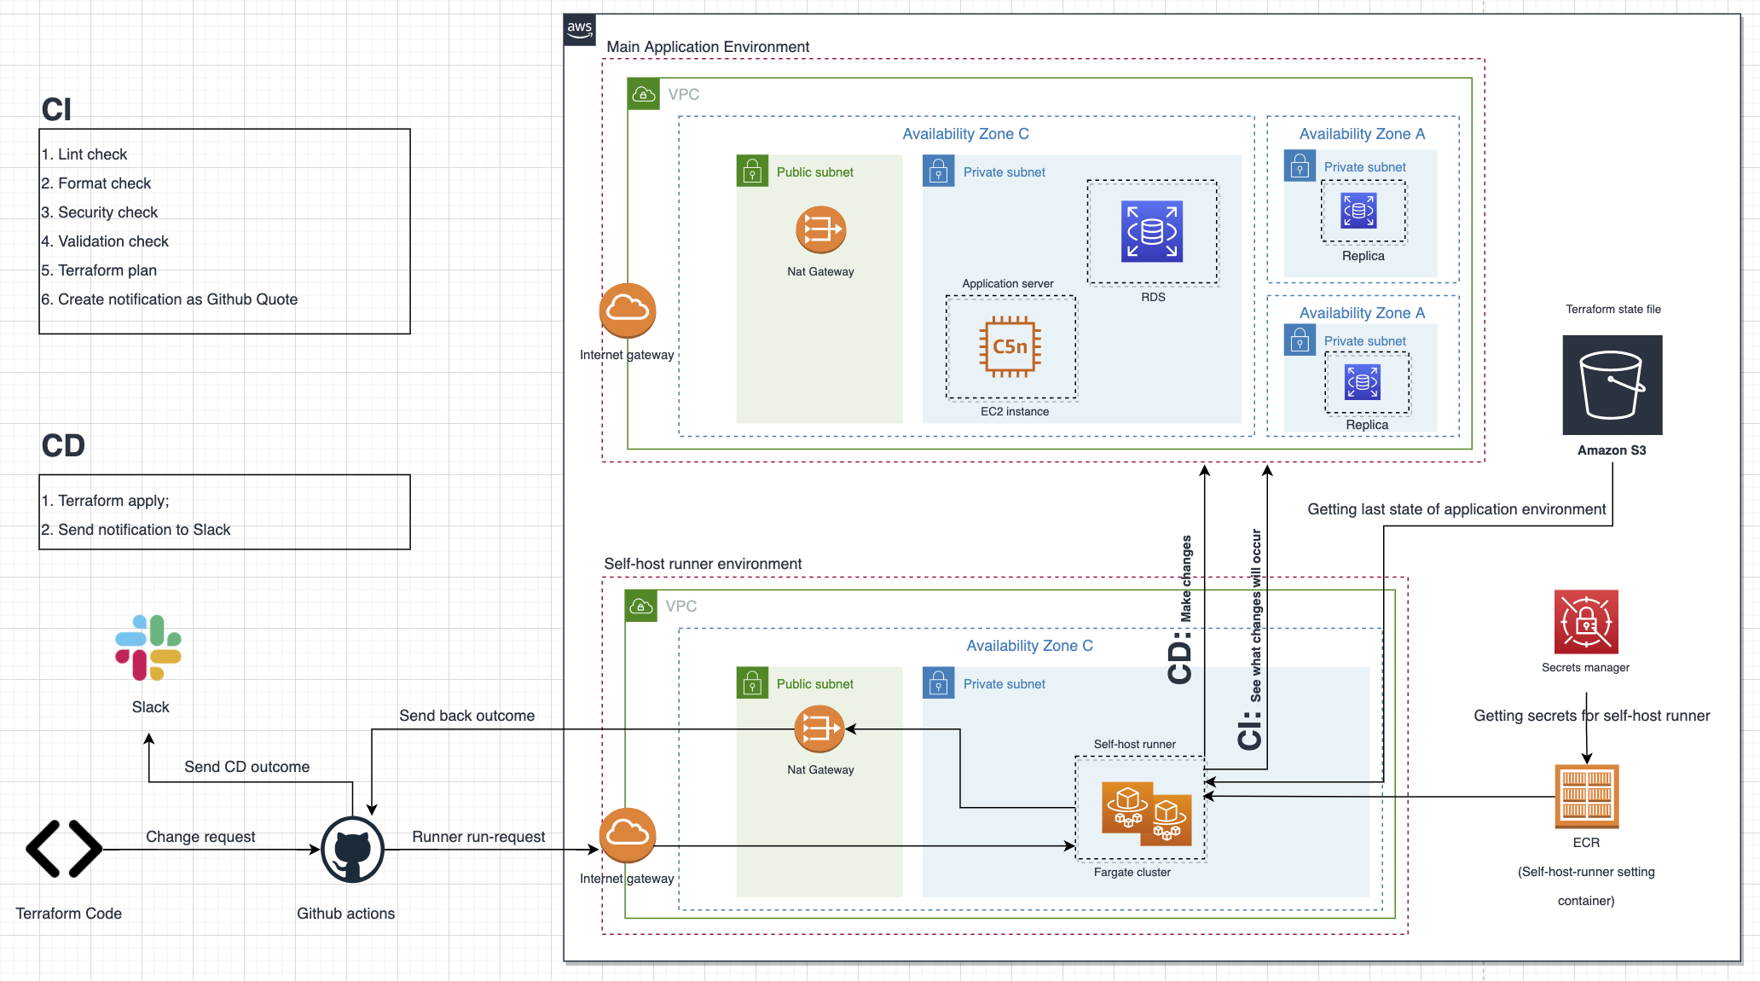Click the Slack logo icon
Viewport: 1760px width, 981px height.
148,647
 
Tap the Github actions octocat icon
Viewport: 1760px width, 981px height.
352,850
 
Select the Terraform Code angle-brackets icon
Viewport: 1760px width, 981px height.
64,849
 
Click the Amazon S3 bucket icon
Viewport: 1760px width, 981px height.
1612,385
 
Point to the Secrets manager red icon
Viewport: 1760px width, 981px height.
1585,622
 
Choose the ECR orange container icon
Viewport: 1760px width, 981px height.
1586,796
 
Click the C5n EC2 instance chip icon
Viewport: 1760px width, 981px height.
1010,346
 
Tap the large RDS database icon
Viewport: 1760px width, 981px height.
1151,231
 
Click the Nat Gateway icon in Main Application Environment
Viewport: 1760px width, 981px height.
820,229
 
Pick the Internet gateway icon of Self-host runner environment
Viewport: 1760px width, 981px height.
628,835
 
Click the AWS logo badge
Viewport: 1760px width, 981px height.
580,29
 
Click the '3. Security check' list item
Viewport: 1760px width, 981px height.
100,212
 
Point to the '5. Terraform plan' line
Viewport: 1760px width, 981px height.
99,270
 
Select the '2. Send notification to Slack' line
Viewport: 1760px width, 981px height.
136,530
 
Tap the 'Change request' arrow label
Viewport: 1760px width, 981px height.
200,837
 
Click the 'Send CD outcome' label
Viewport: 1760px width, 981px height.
246,767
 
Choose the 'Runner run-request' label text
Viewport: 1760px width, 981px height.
478,837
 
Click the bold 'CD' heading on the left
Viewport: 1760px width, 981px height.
63,446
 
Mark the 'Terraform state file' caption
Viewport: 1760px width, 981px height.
1612,310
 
